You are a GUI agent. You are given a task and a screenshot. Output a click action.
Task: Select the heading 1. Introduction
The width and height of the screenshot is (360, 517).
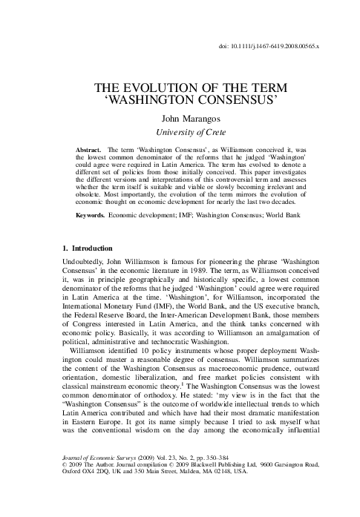85,247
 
